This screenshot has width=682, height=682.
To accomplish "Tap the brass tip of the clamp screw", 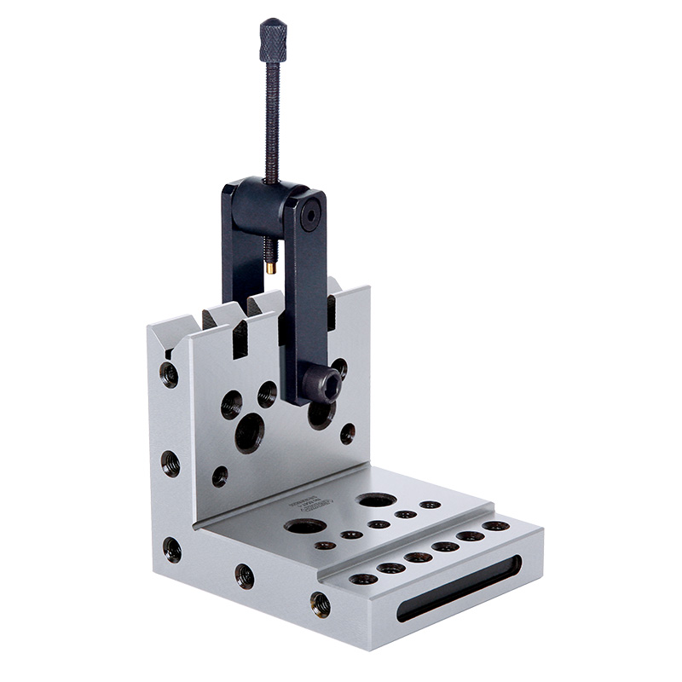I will [x=270, y=267].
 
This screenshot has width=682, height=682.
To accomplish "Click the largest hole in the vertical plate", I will [x=249, y=434].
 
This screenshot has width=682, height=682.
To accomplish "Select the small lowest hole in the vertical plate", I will [x=220, y=476].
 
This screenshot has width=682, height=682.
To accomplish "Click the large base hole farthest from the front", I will [x=376, y=499].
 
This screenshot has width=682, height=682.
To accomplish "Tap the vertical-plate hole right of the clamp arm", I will [x=347, y=433].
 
